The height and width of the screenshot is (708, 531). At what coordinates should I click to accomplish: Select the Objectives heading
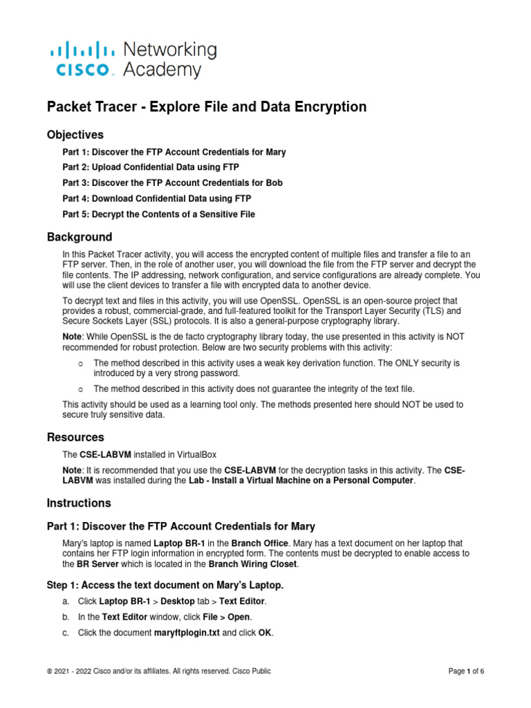75,134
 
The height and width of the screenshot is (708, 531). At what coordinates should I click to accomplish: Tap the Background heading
79,237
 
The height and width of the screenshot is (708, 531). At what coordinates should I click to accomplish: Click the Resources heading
75,437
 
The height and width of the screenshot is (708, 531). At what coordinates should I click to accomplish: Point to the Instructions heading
78,503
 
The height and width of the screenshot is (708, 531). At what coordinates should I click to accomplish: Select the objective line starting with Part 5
158,214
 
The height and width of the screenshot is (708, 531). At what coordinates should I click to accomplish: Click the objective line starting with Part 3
172,183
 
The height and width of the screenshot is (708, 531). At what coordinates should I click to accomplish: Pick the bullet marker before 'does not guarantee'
81,389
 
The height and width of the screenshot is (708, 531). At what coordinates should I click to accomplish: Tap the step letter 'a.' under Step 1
66,601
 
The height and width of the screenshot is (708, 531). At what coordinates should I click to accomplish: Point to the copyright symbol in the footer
50,671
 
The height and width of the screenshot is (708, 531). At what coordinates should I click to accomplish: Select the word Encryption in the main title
328,106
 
